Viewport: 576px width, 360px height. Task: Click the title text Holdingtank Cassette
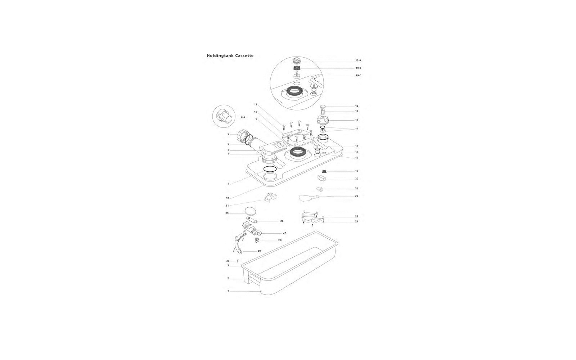click(230, 55)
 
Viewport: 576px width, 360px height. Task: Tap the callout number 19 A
click(358, 60)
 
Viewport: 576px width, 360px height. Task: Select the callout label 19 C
click(358, 76)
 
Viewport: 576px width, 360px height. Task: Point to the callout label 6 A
click(243, 117)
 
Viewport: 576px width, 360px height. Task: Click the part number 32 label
click(227, 198)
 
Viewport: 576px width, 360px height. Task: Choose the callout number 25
click(227, 213)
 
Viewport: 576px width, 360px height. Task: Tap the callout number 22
click(357, 196)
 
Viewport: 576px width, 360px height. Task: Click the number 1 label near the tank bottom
click(228, 291)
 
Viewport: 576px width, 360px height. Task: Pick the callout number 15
click(357, 120)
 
